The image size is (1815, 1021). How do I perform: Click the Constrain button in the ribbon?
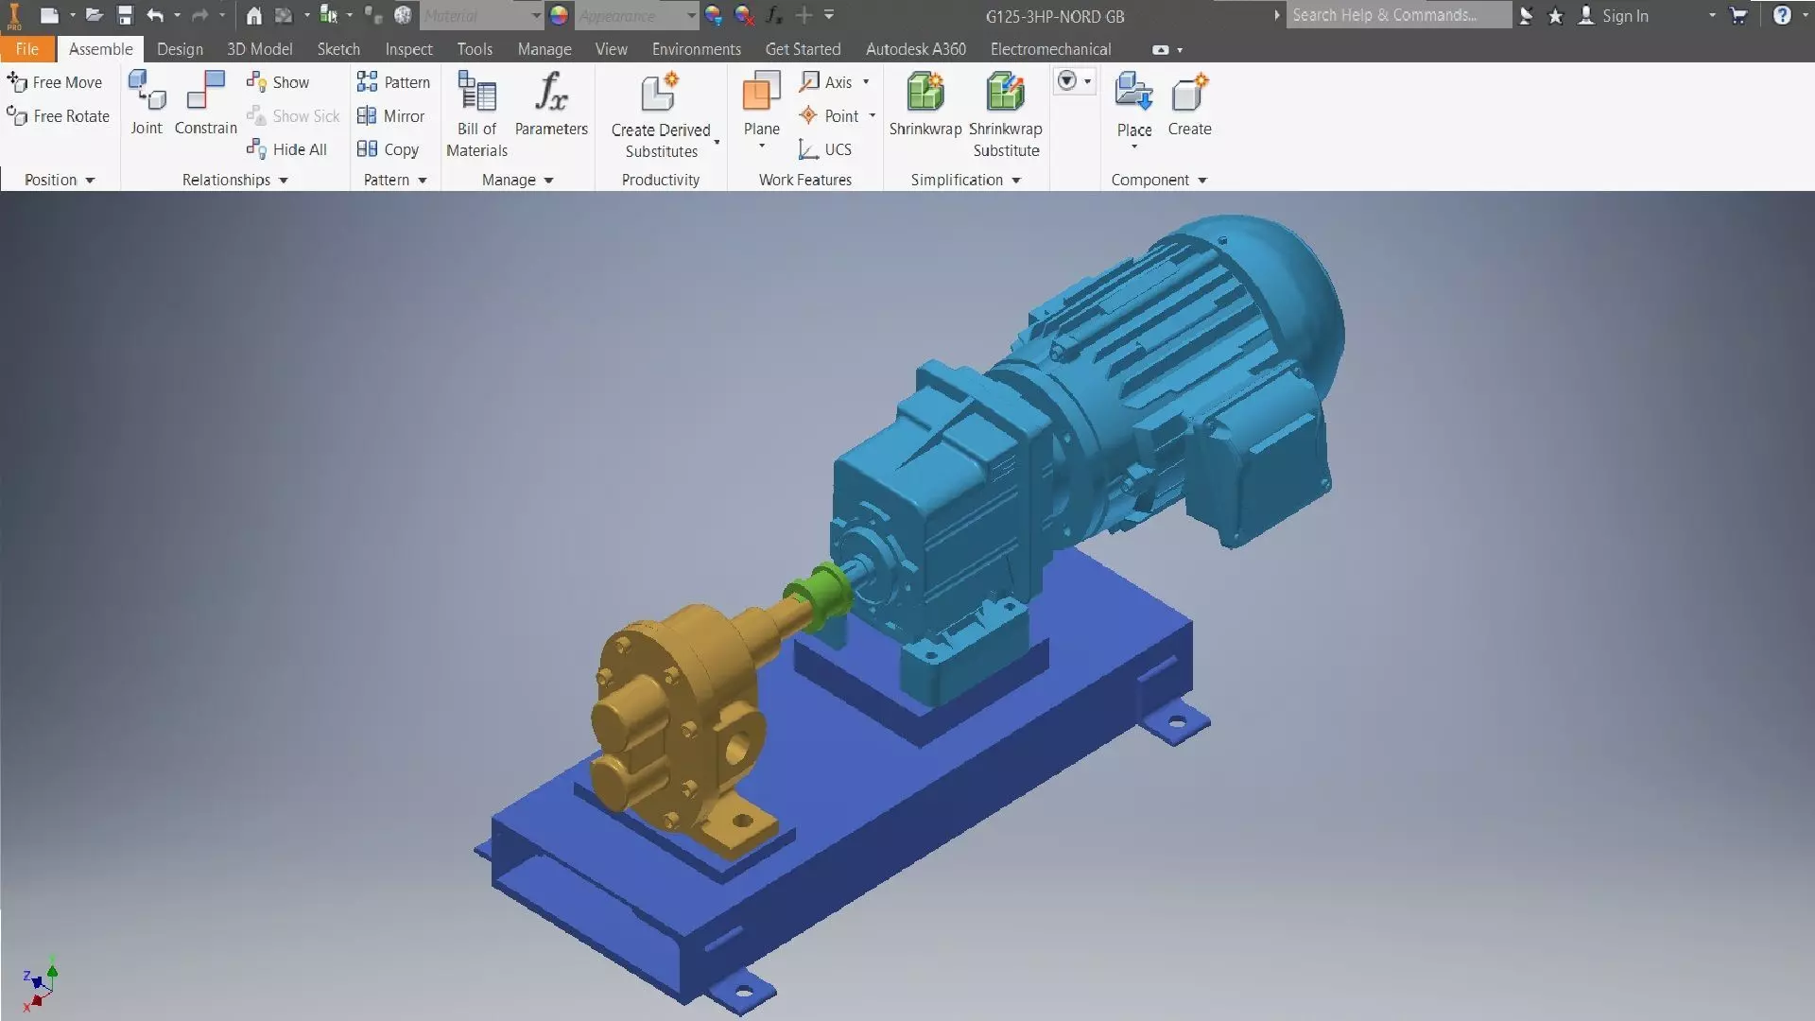point(205,104)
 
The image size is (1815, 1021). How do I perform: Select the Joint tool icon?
point(147,104)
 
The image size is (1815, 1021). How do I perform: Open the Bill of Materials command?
point(476,113)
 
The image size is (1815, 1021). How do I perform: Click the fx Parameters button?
point(551,104)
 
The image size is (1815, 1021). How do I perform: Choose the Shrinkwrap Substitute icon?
point(1005,113)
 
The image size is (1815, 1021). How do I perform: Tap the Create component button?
point(1189,104)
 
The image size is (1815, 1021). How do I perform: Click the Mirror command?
point(391,116)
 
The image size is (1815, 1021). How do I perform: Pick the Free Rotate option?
point(59,116)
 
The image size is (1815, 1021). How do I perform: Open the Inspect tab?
point(408,49)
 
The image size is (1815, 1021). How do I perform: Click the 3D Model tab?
point(259,49)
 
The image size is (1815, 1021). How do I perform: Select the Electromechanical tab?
point(1050,49)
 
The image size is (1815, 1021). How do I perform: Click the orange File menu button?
point(26,49)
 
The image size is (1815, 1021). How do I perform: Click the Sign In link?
point(1624,16)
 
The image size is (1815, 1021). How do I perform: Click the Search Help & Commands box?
point(1397,15)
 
